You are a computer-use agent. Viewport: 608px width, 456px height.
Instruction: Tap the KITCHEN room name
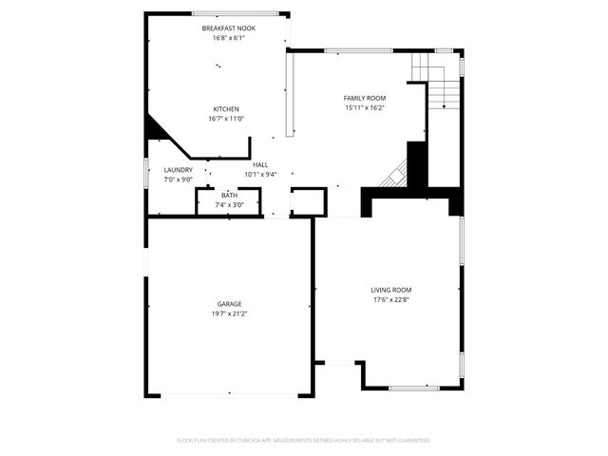tap(226, 109)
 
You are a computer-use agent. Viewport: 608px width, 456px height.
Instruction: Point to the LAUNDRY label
tap(178, 170)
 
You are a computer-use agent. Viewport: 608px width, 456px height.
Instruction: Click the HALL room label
tap(260, 165)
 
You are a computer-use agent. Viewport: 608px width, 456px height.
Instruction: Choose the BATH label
tap(230, 196)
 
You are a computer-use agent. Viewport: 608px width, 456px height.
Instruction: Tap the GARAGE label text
tap(228, 304)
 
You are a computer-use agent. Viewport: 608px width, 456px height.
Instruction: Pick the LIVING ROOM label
tap(391, 290)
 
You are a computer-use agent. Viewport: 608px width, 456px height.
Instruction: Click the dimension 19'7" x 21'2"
tap(228, 313)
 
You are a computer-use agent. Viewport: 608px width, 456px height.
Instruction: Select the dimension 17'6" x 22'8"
tap(391, 300)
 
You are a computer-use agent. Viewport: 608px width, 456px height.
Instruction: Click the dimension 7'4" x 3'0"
tap(230, 205)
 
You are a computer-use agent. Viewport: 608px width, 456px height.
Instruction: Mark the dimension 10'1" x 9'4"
tap(260, 175)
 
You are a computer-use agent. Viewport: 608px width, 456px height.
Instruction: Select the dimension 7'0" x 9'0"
tap(178, 180)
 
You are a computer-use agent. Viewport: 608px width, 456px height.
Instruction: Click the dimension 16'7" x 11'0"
tap(226, 119)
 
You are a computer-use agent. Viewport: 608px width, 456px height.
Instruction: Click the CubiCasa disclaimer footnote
tap(304, 441)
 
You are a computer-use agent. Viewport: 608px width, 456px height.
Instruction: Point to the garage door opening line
tap(228, 395)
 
